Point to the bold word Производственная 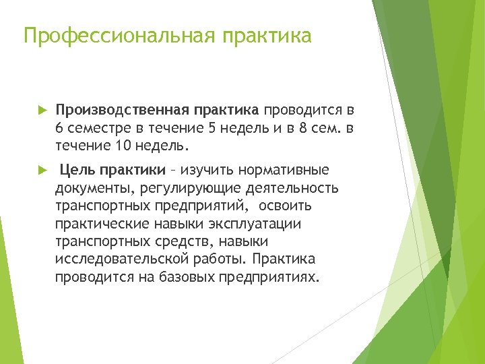[x=124, y=110]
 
